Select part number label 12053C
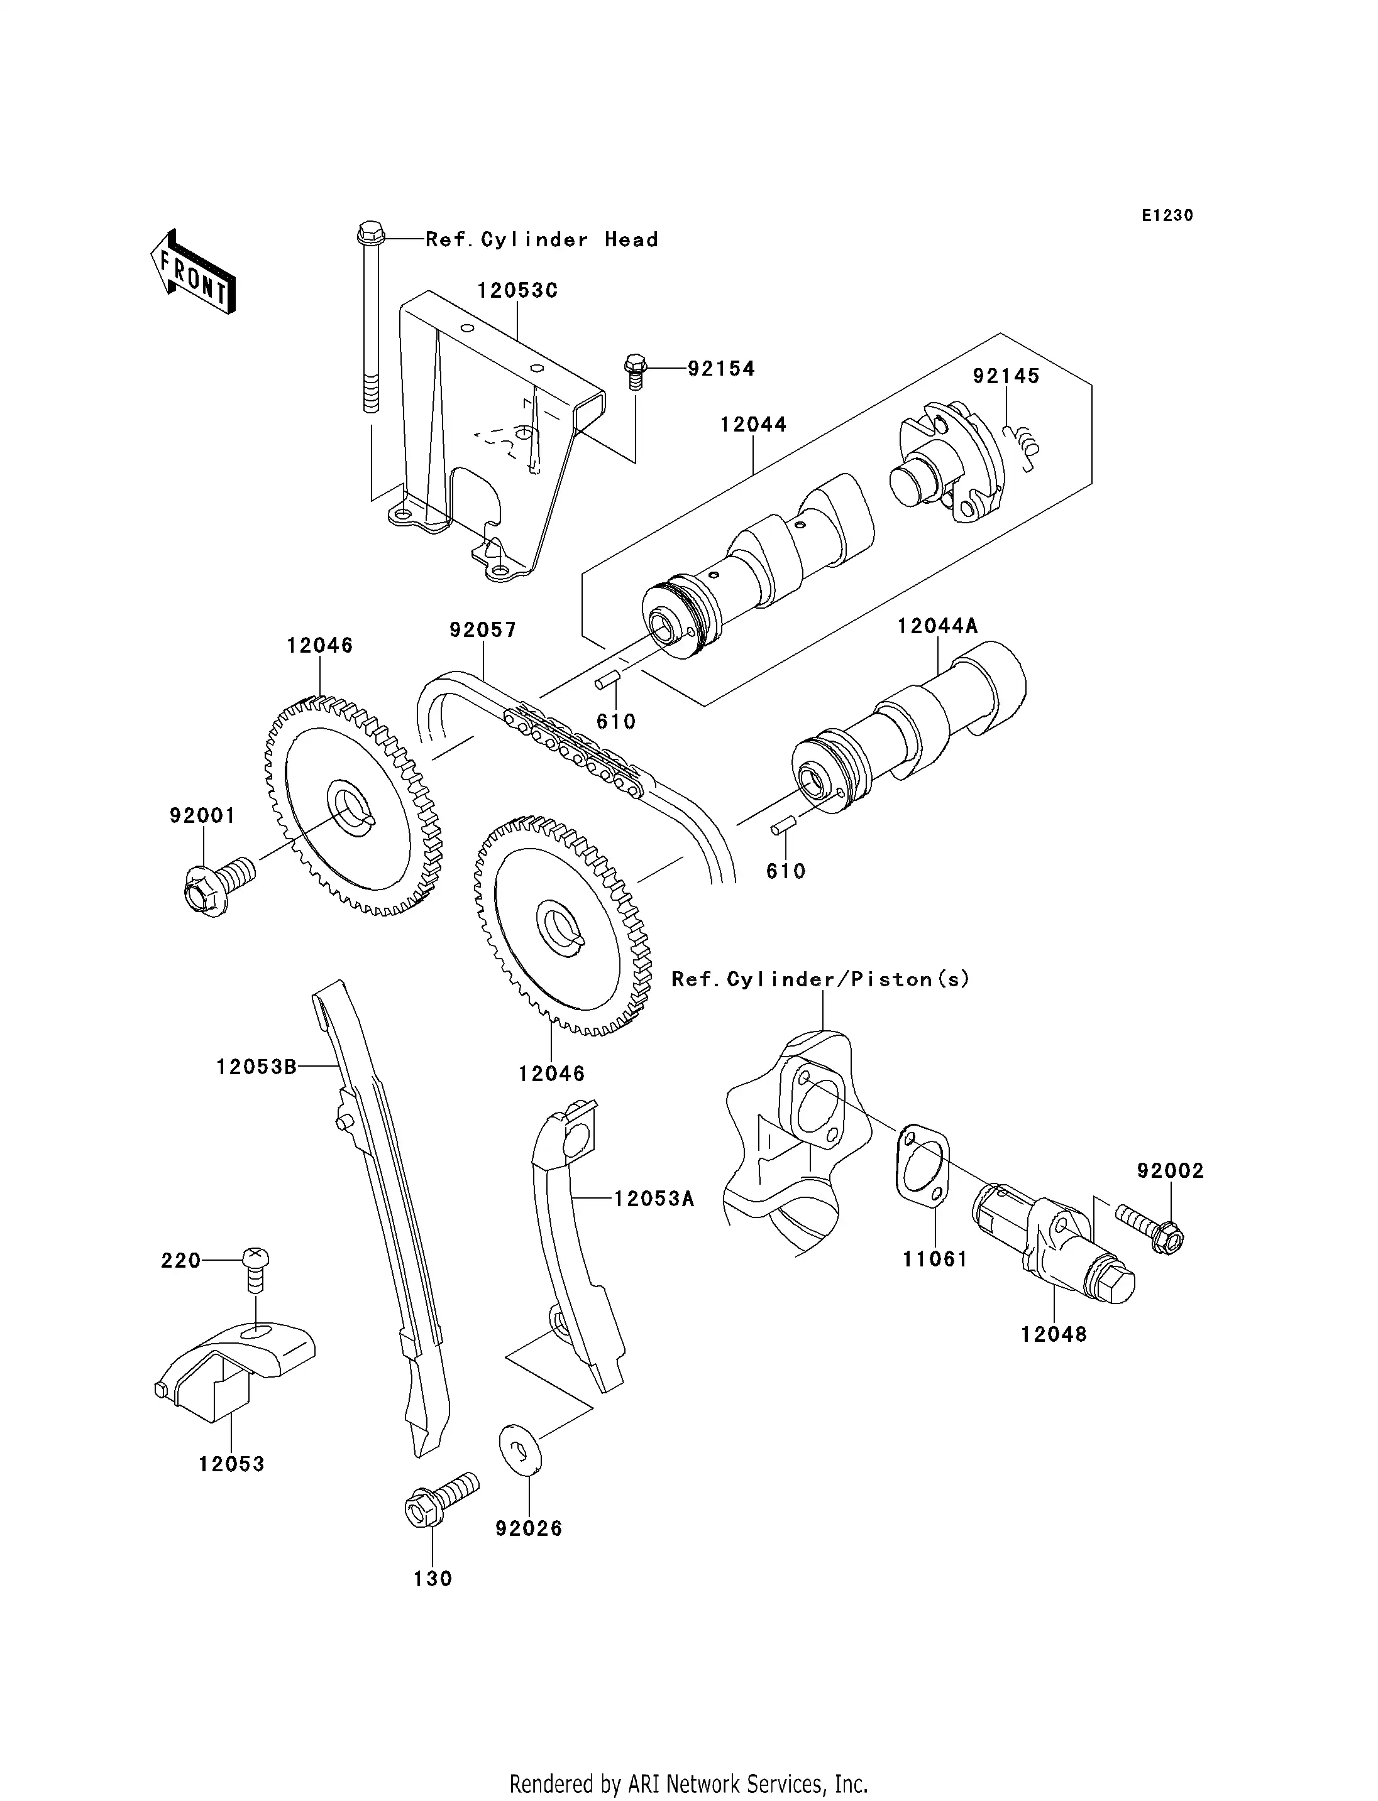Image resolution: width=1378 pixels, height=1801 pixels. (x=517, y=291)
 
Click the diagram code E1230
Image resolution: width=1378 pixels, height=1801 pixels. (x=1167, y=215)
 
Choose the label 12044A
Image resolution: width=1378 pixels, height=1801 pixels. (x=937, y=626)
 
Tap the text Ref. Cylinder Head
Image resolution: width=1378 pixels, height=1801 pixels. (x=541, y=240)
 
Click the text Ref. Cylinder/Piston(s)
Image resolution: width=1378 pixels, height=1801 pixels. (x=820, y=979)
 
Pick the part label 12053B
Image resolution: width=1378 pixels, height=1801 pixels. (x=256, y=1067)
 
